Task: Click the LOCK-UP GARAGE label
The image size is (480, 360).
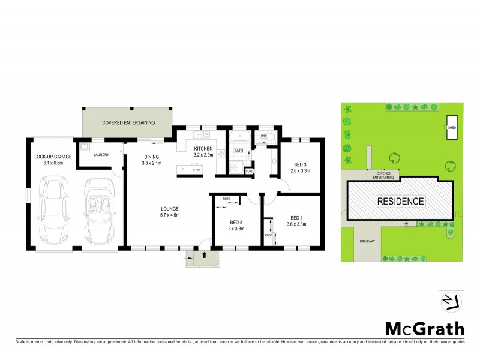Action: pyautogui.click(x=53, y=157)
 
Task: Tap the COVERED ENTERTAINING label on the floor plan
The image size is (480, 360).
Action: pyautogui.click(x=128, y=122)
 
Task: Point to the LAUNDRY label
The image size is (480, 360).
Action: pyautogui.click(x=100, y=155)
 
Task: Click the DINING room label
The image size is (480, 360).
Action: pyautogui.click(x=151, y=157)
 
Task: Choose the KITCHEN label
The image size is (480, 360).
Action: pyautogui.click(x=203, y=148)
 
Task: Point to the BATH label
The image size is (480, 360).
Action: pyautogui.click(x=239, y=151)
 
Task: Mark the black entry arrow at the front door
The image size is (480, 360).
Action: pyautogui.click(x=205, y=255)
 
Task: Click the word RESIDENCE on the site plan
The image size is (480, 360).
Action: pyautogui.click(x=400, y=201)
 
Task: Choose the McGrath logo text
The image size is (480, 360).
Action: pyautogui.click(x=424, y=329)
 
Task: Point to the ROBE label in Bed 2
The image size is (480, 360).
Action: pyautogui.click(x=226, y=198)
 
